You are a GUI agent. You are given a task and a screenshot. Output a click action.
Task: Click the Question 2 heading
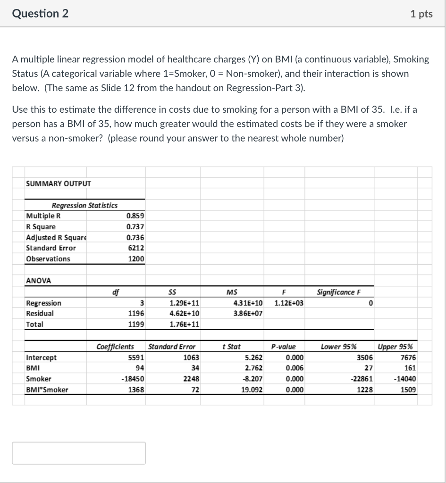pos(40,14)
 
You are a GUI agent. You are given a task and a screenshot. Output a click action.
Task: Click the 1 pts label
pos(421,14)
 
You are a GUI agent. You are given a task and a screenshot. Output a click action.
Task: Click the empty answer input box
pos(79,453)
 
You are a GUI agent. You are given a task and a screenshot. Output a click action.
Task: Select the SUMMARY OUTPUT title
pos(59,183)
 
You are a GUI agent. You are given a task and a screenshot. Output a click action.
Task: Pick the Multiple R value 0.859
pos(135,216)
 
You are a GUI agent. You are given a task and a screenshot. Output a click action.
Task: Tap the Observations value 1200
pos(136,259)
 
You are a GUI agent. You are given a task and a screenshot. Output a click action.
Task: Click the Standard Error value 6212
pos(136,248)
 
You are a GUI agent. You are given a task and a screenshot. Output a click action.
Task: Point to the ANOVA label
pos(38,281)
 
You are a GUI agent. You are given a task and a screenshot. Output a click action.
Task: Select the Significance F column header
pos(338,292)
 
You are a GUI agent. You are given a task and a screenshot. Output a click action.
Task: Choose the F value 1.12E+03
pos(289,303)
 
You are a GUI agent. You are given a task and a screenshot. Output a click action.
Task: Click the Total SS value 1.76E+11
pos(184,325)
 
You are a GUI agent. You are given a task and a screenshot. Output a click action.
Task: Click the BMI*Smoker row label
pos(47,390)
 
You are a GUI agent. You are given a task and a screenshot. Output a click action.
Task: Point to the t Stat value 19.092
pos(251,390)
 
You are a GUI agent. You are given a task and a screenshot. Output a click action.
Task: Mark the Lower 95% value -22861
pos(362,379)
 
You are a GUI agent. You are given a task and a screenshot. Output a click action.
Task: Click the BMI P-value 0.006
pos(295,368)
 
